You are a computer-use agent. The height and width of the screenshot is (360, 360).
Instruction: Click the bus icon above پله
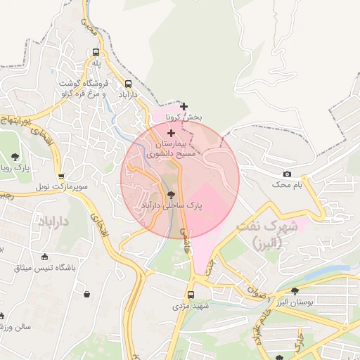pyautogui.click(x=96, y=52)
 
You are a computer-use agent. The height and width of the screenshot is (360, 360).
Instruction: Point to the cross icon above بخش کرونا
pyautogui.click(x=184, y=106)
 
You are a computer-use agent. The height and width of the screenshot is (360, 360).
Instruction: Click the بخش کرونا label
pyautogui.click(x=179, y=117)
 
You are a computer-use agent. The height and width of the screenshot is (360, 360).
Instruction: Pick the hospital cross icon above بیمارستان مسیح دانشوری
pyautogui.click(x=171, y=132)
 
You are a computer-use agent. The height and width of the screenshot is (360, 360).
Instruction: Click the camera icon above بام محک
pyautogui.click(x=287, y=174)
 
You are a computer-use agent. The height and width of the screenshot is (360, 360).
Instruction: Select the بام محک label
pyautogui.click(x=287, y=184)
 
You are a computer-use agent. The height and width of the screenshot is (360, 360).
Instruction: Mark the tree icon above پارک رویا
pyautogui.click(x=15, y=157)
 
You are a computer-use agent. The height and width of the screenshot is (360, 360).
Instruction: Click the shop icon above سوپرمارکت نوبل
pyautogui.click(x=62, y=176)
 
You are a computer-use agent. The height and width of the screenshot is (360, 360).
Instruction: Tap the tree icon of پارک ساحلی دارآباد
pyautogui.click(x=172, y=195)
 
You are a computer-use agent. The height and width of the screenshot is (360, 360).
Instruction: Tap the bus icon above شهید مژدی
pyautogui.click(x=191, y=295)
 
